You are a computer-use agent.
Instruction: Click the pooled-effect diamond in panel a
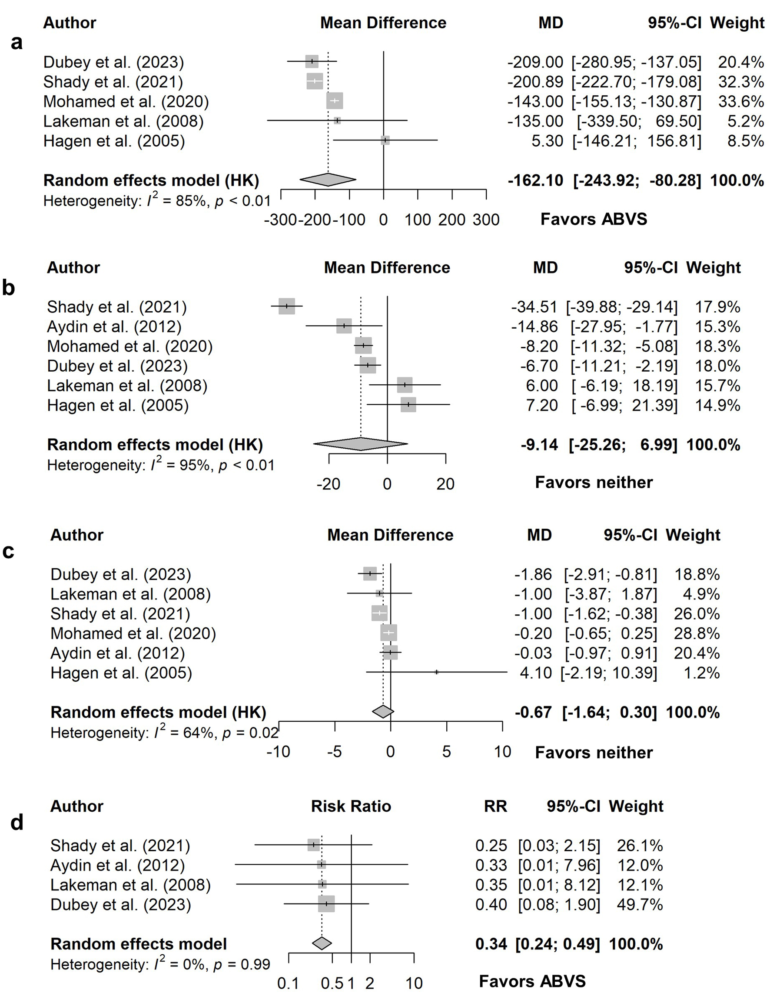click(328, 180)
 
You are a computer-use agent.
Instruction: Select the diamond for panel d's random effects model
click(322, 943)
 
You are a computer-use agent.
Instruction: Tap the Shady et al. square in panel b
click(286, 307)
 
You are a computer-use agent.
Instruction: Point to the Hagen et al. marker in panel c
click(436, 672)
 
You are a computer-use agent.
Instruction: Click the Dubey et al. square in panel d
click(326, 904)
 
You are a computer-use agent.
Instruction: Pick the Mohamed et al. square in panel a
click(335, 101)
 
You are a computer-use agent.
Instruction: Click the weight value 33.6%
click(741, 101)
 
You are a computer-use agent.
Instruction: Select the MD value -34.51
click(534, 307)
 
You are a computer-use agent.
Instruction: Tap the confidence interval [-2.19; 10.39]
click(609, 673)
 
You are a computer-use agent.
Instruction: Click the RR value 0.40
click(491, 904)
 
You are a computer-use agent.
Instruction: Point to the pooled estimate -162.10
click(535, 180)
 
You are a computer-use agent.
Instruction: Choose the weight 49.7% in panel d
click(640, 904)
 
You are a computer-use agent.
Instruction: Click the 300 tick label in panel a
click(486, 220)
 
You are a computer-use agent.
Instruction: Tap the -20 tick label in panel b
click(328, 484)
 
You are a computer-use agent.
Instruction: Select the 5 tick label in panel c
click(446, 752)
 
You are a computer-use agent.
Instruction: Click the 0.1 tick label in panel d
click(288, 983)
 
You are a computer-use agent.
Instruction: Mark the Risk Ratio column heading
click(351, 806)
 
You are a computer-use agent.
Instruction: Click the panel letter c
click(8, 550)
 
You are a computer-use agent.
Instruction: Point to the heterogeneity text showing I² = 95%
click(161, 465)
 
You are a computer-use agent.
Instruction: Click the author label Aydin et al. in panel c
click(117, 653)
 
